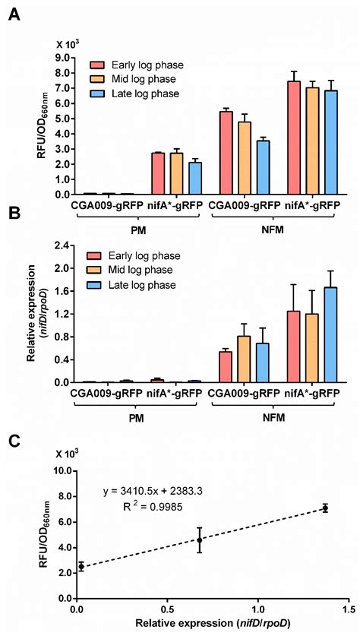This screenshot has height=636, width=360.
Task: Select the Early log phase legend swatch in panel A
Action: pos(97,65)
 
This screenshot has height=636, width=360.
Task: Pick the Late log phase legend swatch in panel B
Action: pos(97,285)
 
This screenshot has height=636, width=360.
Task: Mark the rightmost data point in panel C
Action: pos(325,508)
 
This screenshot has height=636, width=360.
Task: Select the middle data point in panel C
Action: pos(200,540)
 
